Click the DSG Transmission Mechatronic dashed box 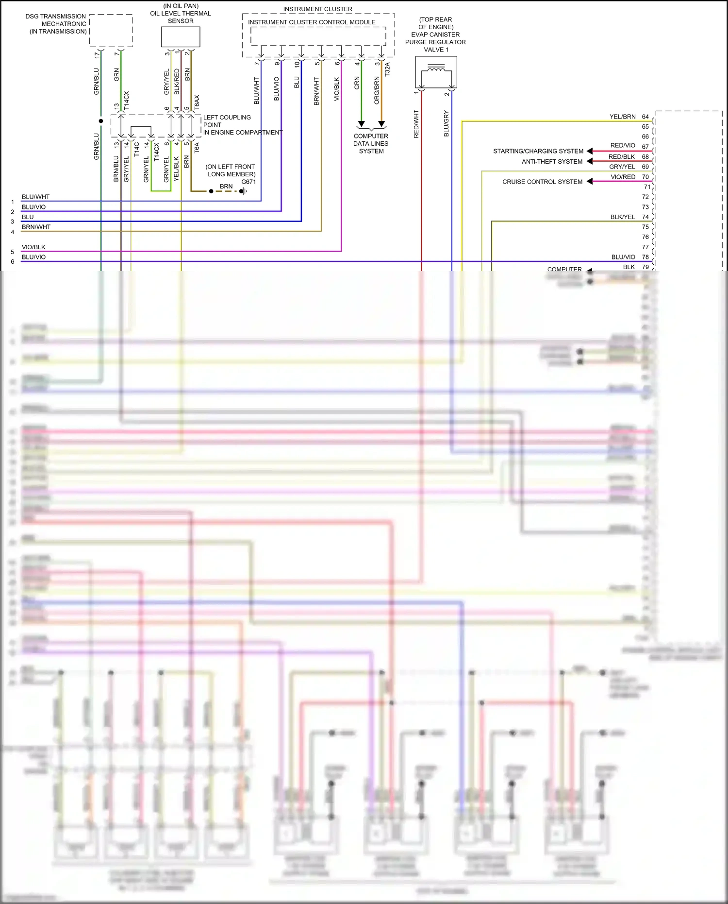[x=111, y=31]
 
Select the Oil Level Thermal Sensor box [x=180, y=37]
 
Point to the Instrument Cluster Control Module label [x=312, y=22]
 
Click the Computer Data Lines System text [x=371, y=144]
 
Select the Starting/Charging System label [x=538, y=151]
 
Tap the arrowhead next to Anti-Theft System [x=590, y=161]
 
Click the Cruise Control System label [x=542, y=182]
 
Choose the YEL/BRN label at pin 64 [x=622, y=117]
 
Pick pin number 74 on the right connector [x=645, y=217]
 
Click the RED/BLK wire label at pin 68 [x=621, y=157]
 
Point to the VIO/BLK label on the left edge [x=33, y=247]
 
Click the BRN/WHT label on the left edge [x=36, y=227]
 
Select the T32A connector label [x=387, y=69]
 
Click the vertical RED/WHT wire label [x=416, y=124]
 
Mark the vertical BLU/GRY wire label [x=446, y=123]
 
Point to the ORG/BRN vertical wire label [x=377, y=90]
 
